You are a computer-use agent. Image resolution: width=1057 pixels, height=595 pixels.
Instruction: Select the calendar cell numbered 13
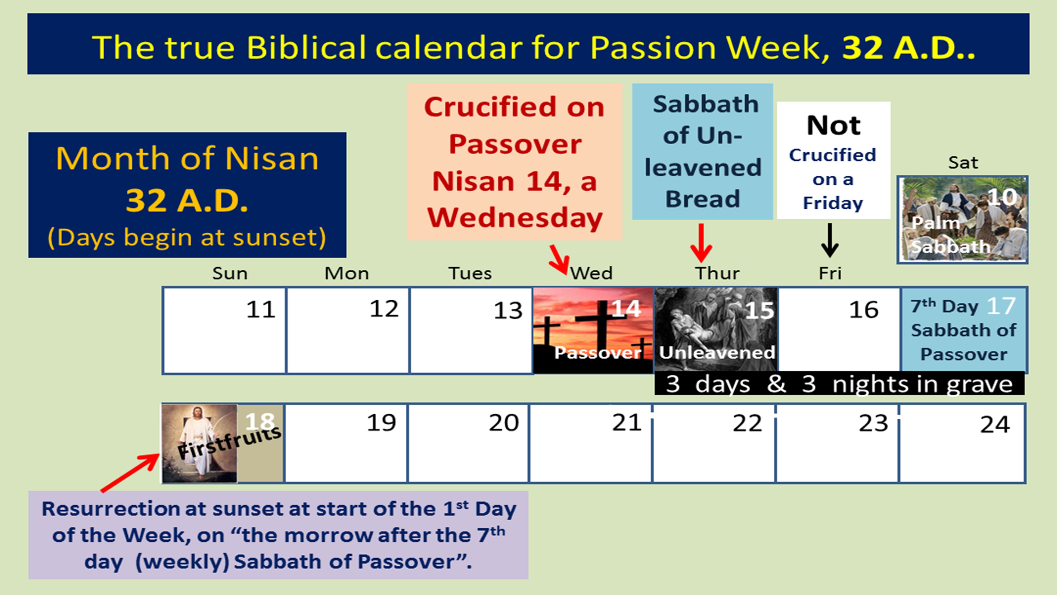[x=471, y=331]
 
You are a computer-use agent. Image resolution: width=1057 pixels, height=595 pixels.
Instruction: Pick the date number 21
[x=627, y=423]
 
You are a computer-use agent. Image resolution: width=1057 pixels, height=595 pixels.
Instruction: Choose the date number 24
[x=995, y=425]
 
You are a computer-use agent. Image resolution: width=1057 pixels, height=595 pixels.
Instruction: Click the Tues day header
[x=470, y=273]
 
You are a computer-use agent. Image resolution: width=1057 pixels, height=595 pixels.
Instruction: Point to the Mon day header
[x=347, y=273]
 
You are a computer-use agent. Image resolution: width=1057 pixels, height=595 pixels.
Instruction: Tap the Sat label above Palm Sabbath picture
[x=963, y=163]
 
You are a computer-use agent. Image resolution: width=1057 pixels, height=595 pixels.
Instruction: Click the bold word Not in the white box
[x=833, y=125]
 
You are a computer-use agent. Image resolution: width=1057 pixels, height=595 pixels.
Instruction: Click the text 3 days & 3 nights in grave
[x=839, y=384]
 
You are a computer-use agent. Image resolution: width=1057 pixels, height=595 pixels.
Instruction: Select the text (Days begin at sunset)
[x=187, y=238]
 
